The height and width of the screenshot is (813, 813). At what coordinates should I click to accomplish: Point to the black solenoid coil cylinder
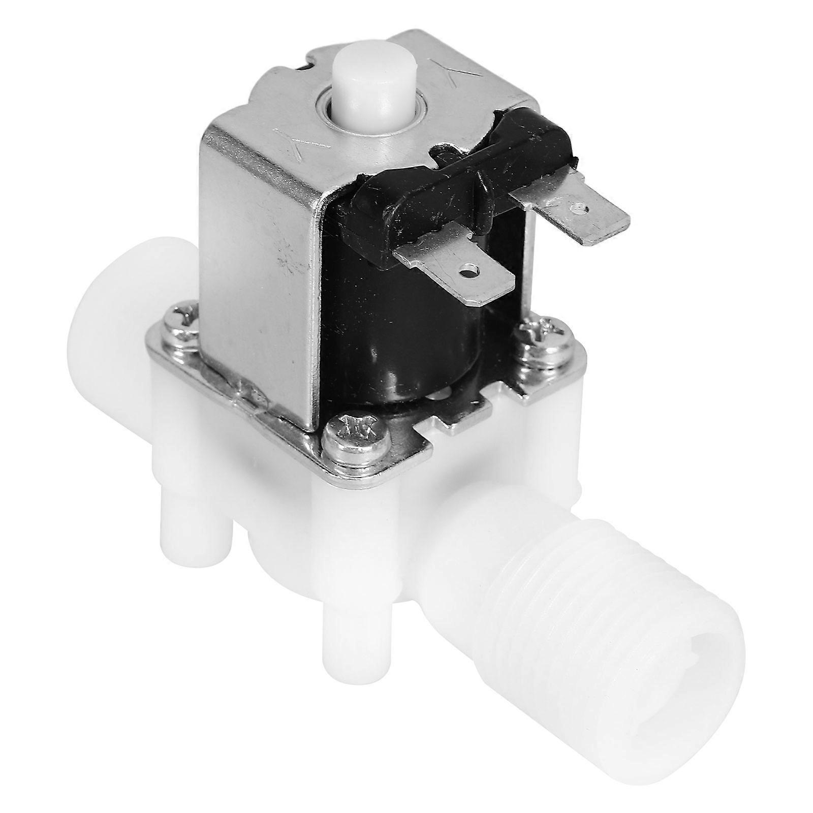pos(422,346)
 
